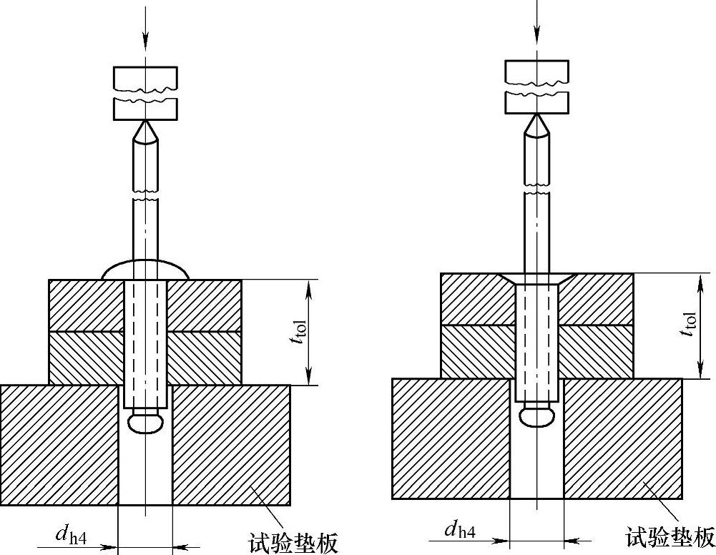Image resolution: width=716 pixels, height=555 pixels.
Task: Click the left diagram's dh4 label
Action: (x=71, y=534)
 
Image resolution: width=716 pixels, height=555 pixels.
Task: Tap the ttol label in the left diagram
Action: (x=300, y=332)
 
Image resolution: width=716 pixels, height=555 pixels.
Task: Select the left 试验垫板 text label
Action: (x=293, y=543)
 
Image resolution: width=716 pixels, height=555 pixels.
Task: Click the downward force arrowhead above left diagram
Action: (x=145, y=40)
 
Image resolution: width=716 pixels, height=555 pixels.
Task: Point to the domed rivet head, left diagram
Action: (x=145, y=270)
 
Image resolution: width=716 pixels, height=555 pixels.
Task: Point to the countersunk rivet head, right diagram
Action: (x=537, y=279)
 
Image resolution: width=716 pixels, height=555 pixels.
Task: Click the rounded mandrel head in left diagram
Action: (x=146, y=423)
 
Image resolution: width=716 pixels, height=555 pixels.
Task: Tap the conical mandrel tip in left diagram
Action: (x=145, y=132)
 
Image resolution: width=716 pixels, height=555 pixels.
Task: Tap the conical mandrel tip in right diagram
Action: (x=537, y=124)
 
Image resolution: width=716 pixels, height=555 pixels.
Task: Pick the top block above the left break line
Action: (x=145, y=78)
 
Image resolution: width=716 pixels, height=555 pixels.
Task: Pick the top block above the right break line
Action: (x=537, y=72)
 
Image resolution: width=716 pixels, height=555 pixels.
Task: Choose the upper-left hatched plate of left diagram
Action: (x=87, y=305)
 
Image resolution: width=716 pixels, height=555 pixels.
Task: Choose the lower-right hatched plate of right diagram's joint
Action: (x=596, y=352)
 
